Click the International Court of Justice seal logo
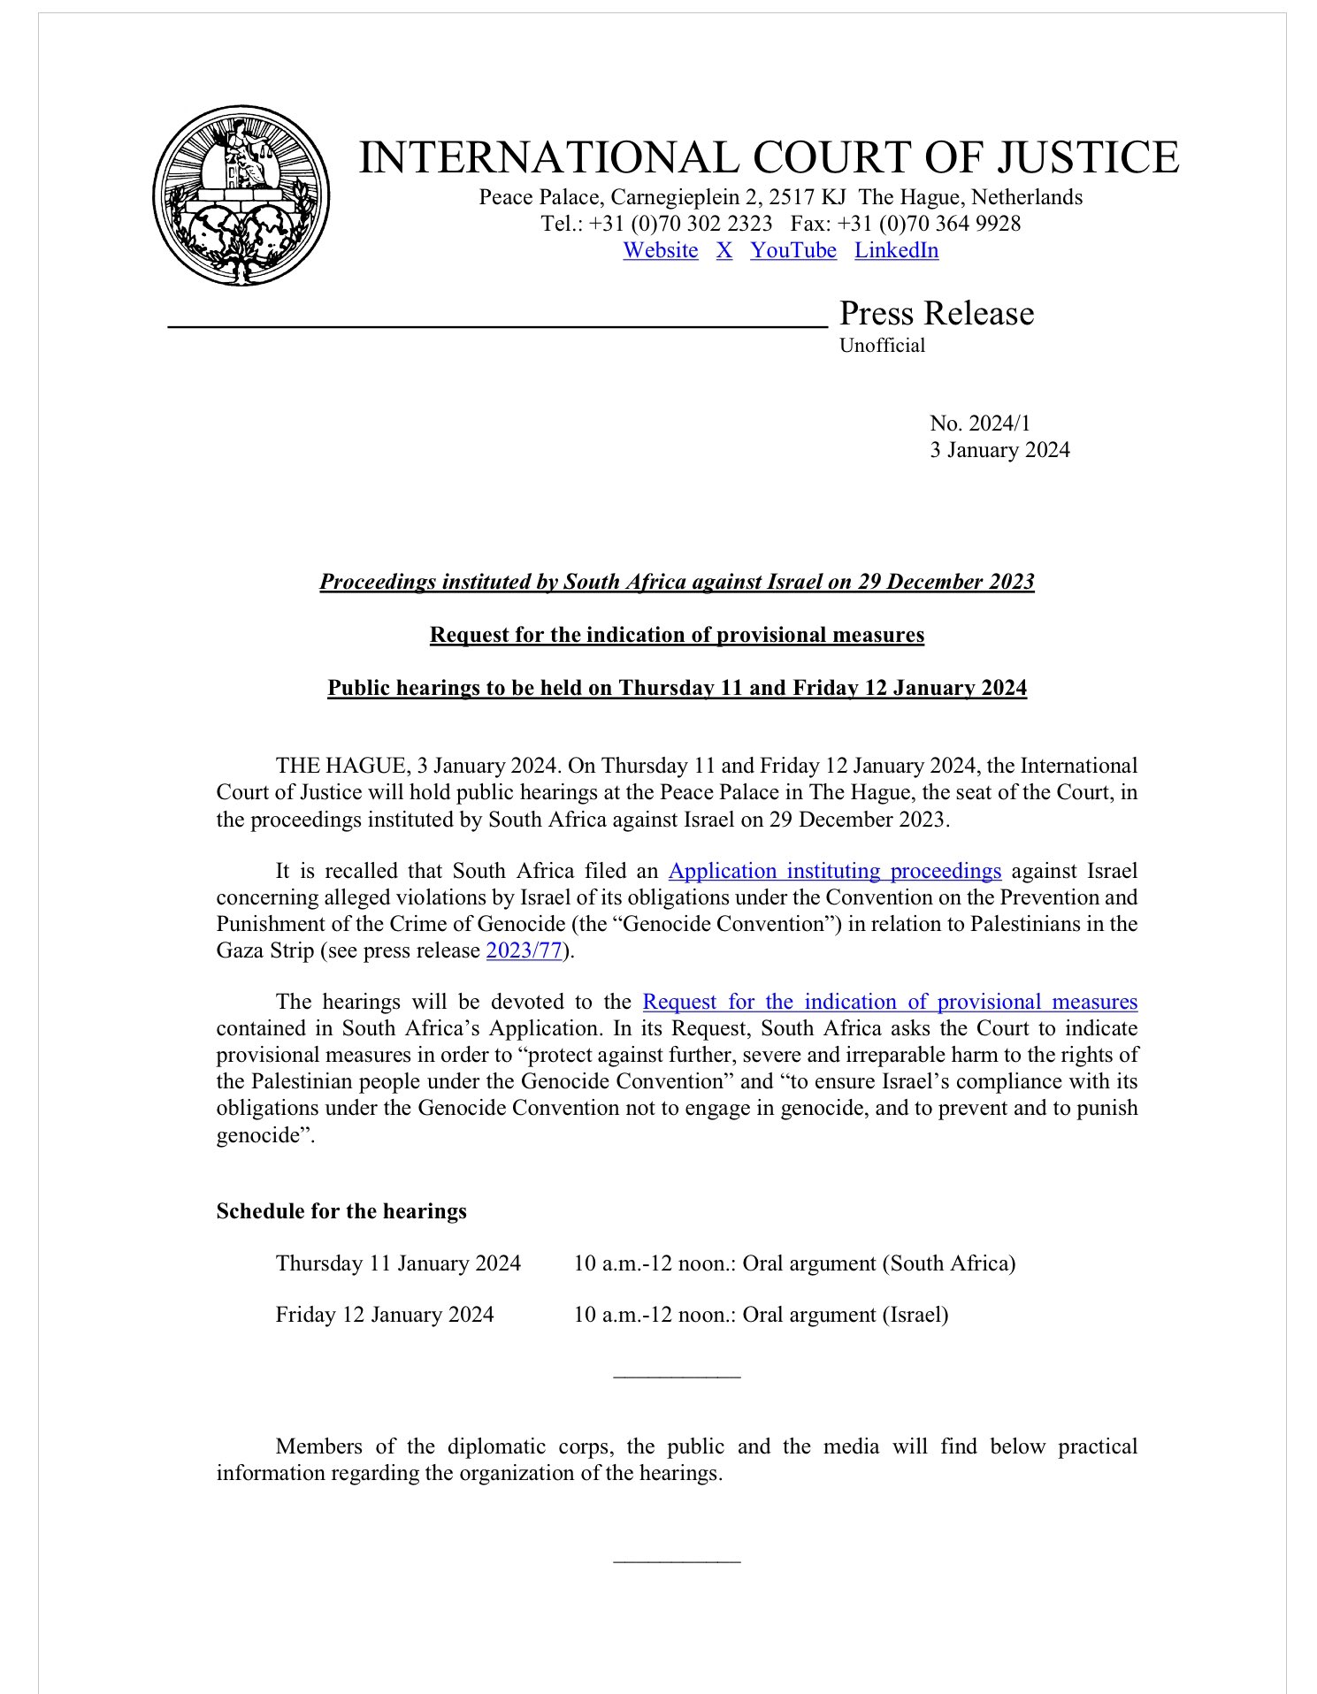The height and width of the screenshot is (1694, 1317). pos(241,195)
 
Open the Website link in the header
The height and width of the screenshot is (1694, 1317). pos(660,250)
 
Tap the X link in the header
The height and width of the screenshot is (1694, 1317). pos(724,250)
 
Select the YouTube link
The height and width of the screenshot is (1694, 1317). pos(793,250)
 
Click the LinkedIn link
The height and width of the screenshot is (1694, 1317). pos(896,250)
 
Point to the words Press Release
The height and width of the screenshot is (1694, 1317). pos(936,313)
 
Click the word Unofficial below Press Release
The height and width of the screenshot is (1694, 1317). pos(882,346)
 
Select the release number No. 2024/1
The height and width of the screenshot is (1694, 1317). pos(979,423)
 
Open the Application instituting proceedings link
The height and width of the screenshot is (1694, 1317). pos(834,871)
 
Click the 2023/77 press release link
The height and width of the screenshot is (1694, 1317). pos(524,951)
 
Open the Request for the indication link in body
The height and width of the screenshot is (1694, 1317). pos(889,1002)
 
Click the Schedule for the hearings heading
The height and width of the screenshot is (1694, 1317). pos(341,1211)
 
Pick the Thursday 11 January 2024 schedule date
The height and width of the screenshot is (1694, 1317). pos(398,1263)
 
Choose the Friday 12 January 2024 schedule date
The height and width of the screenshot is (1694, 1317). pos(384,1315)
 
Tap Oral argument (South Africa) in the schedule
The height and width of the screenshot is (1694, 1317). pos(878,1263)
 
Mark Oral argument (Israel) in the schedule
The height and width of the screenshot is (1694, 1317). pos(845,1315)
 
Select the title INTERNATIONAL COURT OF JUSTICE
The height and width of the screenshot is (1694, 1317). pos(769,157)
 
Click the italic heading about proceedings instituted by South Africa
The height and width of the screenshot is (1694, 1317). pos(677,582)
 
